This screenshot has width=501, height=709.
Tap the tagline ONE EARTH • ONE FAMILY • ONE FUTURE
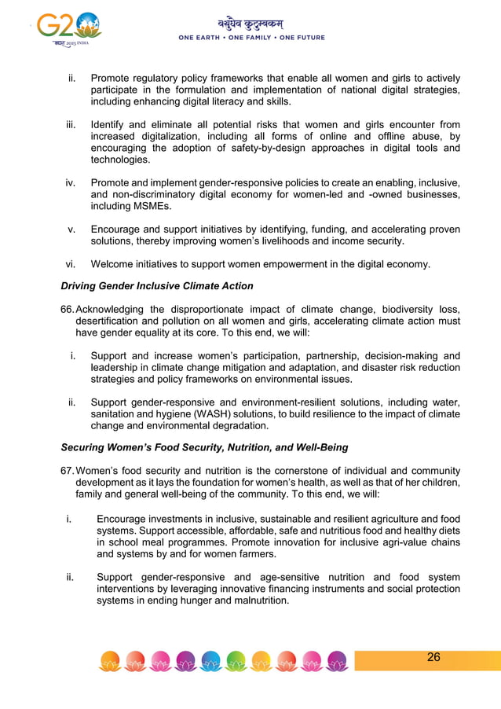[x=251, y=38]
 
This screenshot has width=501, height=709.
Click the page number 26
[x=433, y=657]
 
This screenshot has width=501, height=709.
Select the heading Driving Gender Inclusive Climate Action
[x=157, y=285]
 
